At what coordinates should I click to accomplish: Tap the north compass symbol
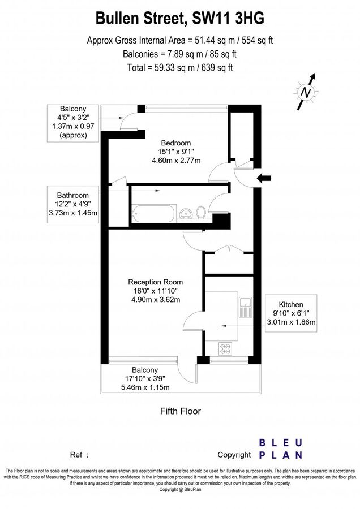pos(306,91)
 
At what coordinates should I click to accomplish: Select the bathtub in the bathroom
pos(153,214)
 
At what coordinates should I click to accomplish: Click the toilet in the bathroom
pos(202,213)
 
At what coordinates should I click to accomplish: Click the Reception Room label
pos(156,282)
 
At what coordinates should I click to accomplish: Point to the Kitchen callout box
pos(290,313)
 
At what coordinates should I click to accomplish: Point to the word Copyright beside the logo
pos(234,454)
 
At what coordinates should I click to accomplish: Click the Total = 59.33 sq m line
pos(179,68)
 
